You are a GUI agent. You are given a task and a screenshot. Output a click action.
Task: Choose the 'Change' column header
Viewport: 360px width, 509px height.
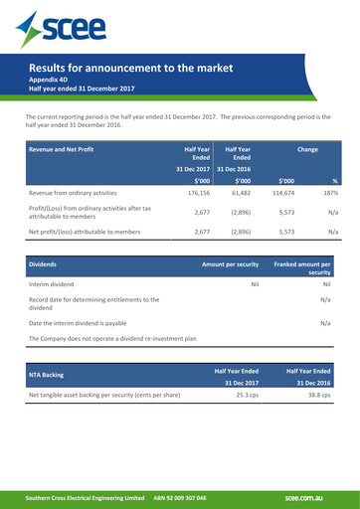tap(308, 149)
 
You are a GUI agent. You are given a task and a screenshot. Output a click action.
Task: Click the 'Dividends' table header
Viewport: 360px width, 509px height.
tap(43, 265)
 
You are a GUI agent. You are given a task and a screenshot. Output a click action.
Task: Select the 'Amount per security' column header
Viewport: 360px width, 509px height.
tap(230, 265)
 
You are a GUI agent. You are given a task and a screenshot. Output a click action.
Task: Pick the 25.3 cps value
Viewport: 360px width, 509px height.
tap(246, 395)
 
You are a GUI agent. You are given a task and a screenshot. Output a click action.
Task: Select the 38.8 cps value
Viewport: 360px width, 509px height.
tap(318, 395)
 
